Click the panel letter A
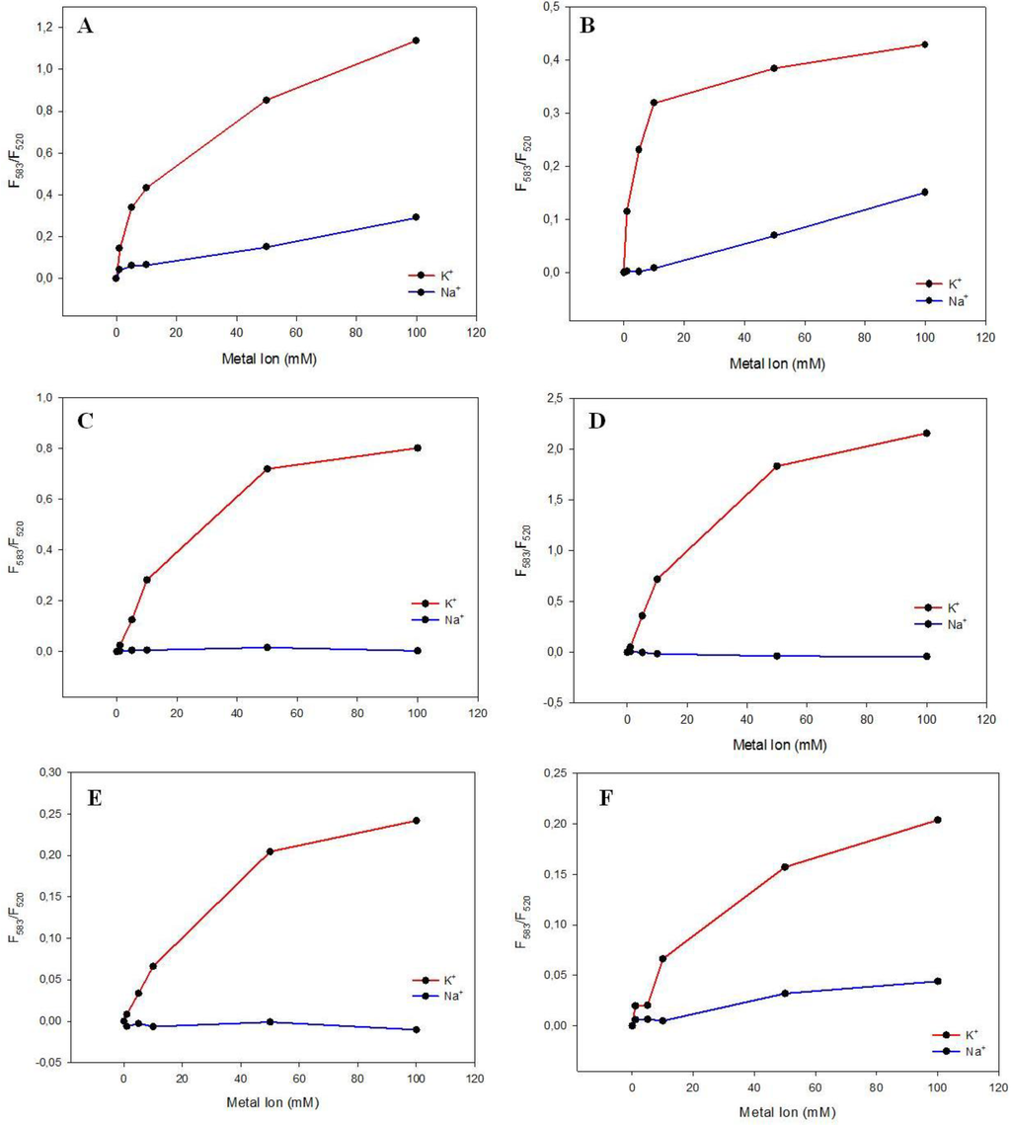coord(86,27)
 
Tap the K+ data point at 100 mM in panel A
coord(416,40)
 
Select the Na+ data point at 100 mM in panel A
coord(416,217)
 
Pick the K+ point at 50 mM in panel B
coord(774,68)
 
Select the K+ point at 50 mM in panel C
coord(268,468)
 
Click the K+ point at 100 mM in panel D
coord(926,433)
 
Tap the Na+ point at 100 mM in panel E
coord(416,1029)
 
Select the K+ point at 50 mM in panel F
coord(785,867)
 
